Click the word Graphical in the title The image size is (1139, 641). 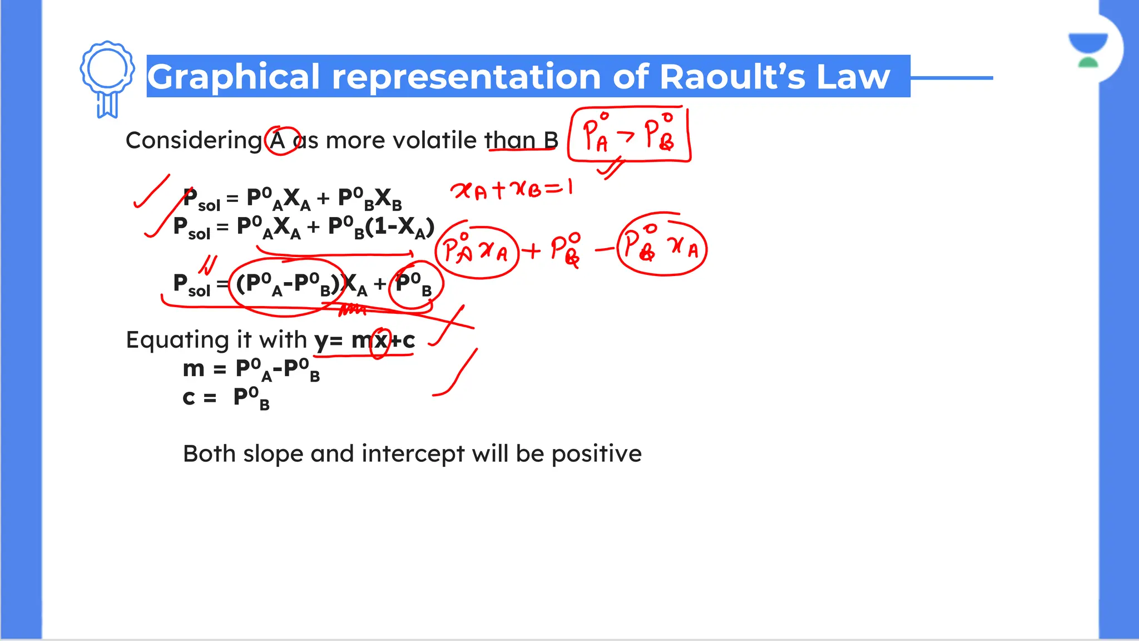coord(234,77)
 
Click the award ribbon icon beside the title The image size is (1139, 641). coord(107,78)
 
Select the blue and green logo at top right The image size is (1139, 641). coord(1088,50)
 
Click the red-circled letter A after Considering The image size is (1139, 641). coord(279,140)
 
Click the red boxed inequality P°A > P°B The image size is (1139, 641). coord(629,135)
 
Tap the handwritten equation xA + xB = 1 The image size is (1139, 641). coord(512,190)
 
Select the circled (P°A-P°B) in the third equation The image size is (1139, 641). coord(287,284)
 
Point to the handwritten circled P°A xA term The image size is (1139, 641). coord(476,252)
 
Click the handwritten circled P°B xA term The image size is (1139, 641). coord(661,246)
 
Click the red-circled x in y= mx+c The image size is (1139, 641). coord(380,341)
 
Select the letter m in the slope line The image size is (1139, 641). coord(194,369)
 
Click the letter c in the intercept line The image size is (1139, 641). coord(189,398)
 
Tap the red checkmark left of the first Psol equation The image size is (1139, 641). coord(151,192)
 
